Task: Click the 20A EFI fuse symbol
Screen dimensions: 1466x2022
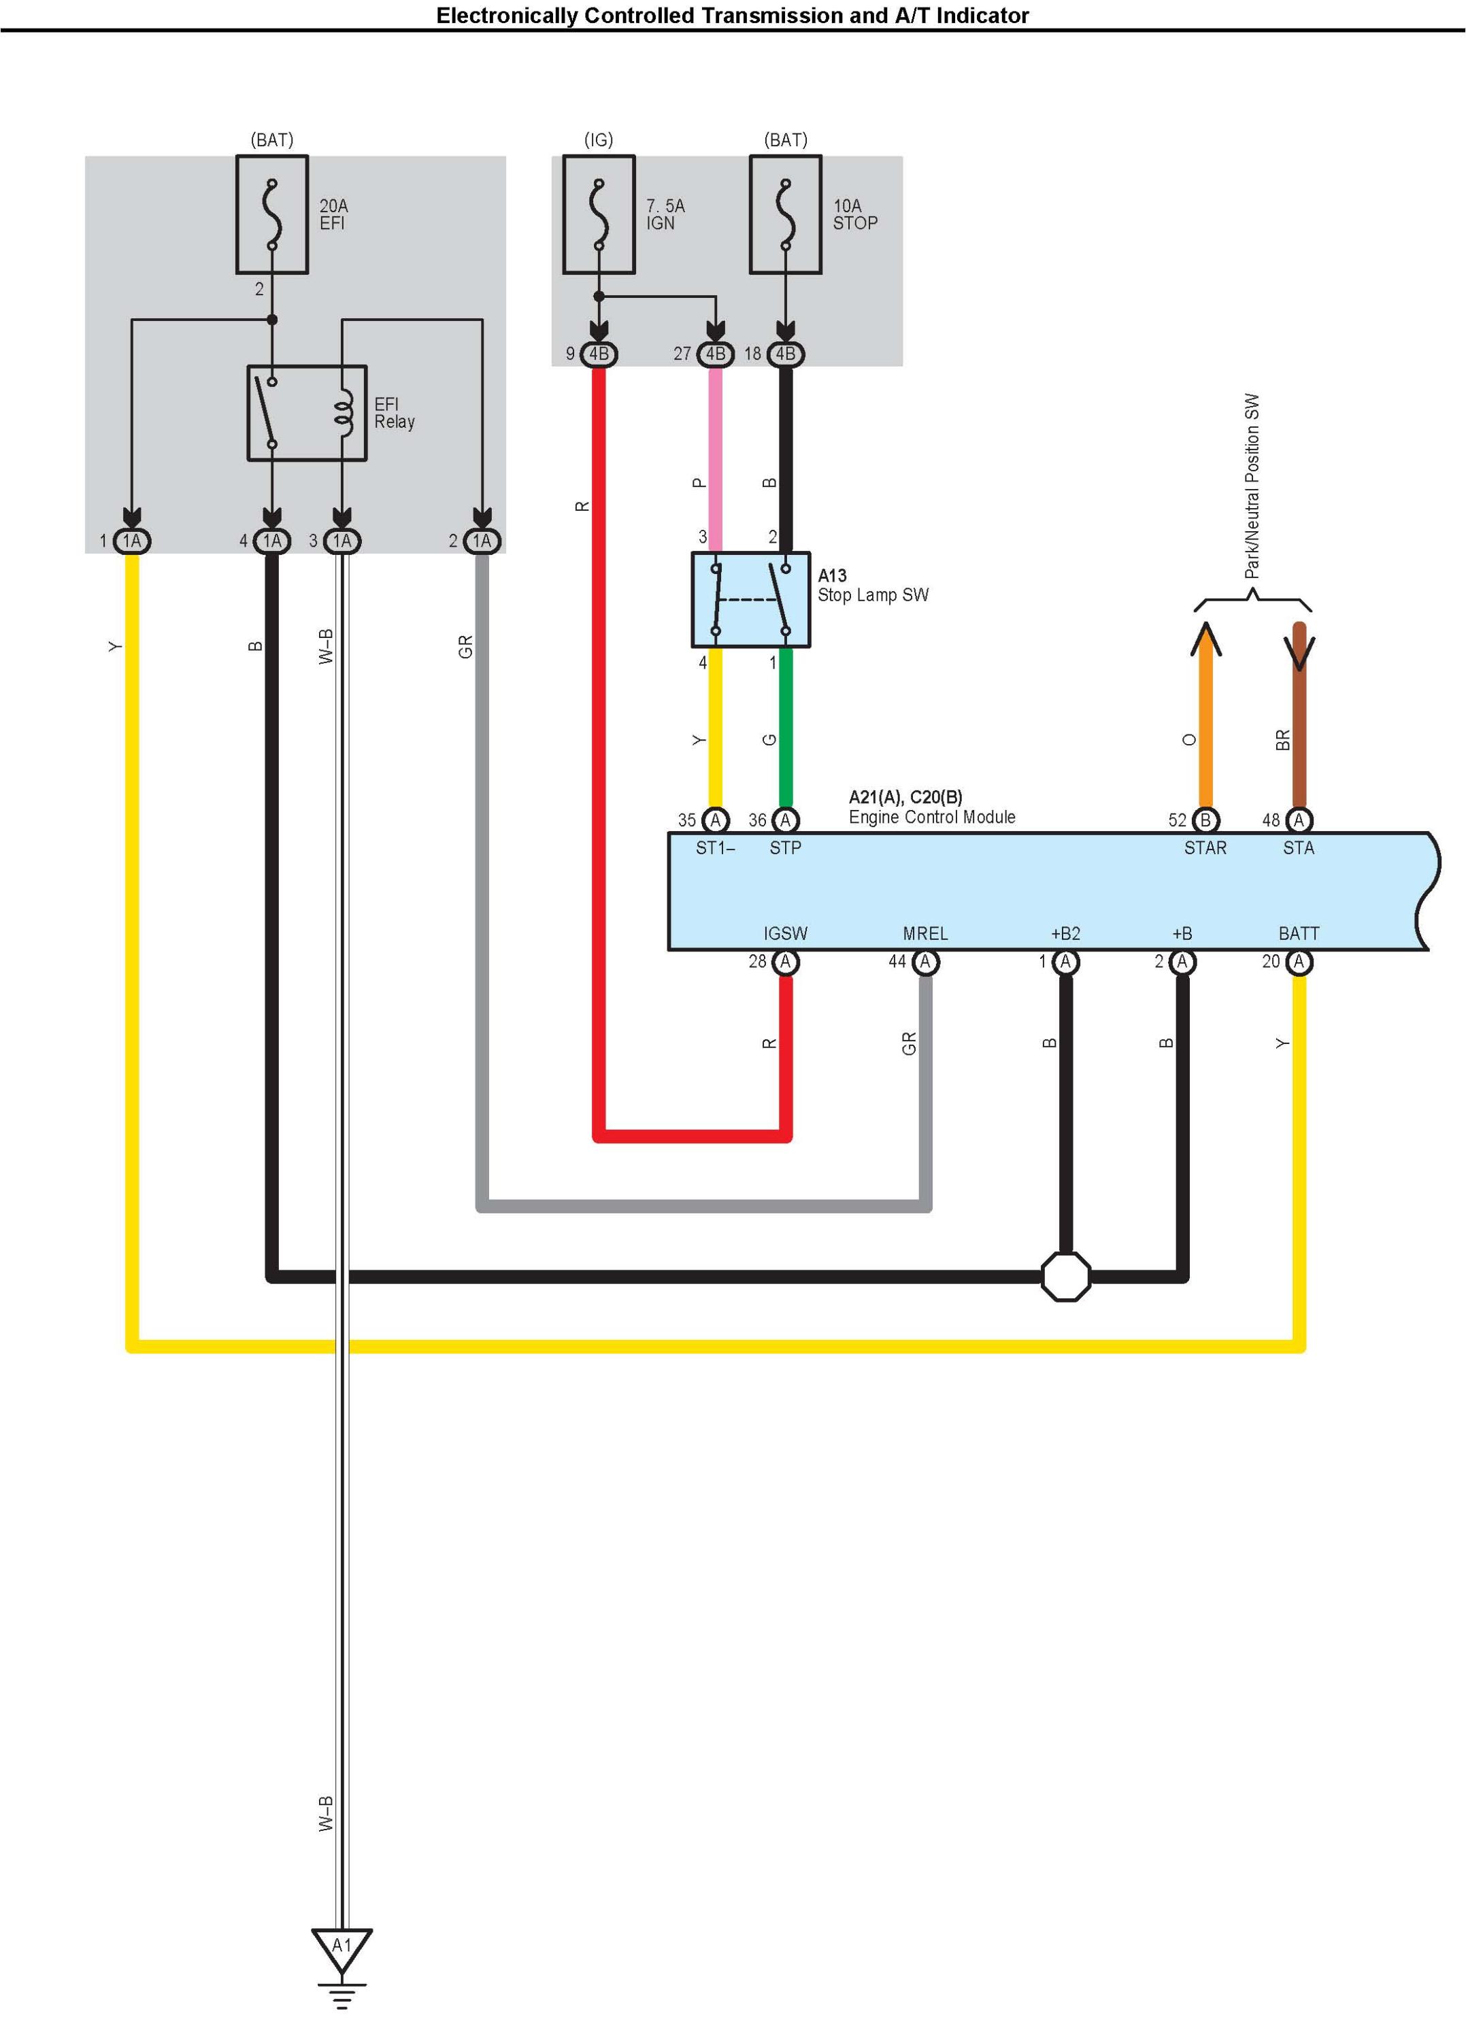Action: pyautogui.click(x=272, y=215)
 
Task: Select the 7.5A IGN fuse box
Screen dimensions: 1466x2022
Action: pyautogui.click(x=599, y=215)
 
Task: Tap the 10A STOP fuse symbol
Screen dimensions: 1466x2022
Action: pyautogui.click(x=786, y=215)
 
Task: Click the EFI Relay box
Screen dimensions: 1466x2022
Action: pyautogui.click(x=307, y=413)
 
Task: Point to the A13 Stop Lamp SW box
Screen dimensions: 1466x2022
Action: pyautogui.click(x=751, y=599)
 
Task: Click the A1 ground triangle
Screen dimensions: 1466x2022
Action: pyautogui.click(x=341, y=1950)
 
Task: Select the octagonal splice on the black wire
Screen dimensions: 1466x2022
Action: pyautogui.click(x=1065, y=1277)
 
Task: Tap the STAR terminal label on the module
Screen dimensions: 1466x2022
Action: pyautogui.click(x=1205, y=848)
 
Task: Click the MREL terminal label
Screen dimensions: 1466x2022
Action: pyautogui.click(x=926, y=933)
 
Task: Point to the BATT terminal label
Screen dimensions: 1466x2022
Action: pyautogui.click(x=1299, y=933)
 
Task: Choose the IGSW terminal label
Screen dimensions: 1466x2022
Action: pyautogui.click(x=786, y=933)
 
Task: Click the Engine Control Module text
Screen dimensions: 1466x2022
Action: pyautogui.click(x=932, y=817)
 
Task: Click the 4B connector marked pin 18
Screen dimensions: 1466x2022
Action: pyautogui.click(x=786, y=354)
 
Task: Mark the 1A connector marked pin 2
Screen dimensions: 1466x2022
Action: pyautogui.click(x=482, y=541)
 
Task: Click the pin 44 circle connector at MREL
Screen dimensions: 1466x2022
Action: pyautogui.click(x=926, y=962)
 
